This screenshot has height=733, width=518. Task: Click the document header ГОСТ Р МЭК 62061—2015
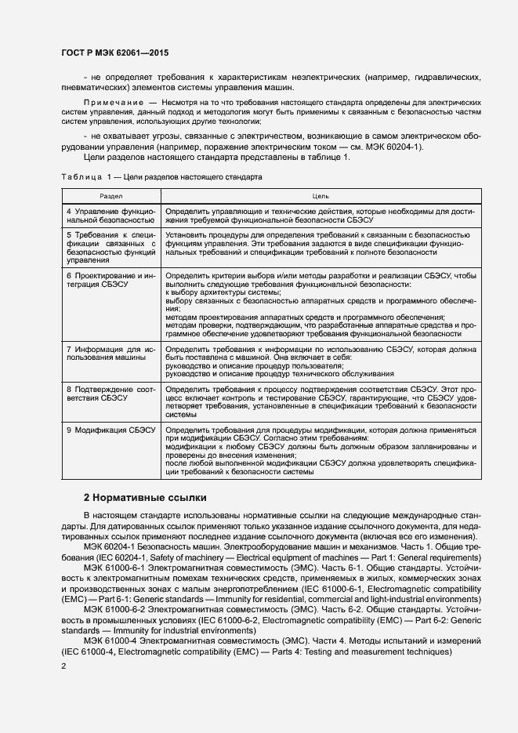pyautogui.click(x=114, y=53)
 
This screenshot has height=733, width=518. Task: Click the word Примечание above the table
pyautogui.click(x=113, y=103)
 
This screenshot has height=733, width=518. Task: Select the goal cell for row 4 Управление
pyautogui.click(x=321, y=216)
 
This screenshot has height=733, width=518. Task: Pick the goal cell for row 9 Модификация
pyautogui.click(x=321, y=452)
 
